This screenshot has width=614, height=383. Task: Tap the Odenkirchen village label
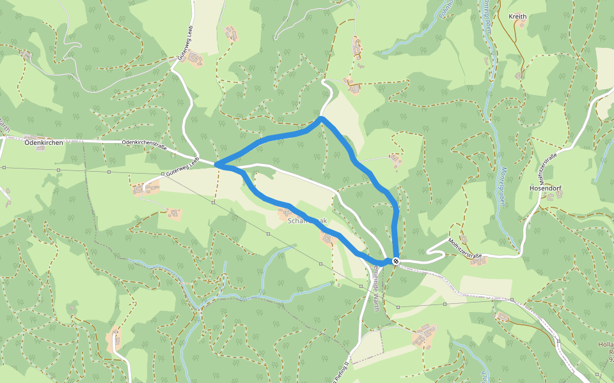[x=43, y=142]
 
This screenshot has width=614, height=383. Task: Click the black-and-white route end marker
[x=397, y=260]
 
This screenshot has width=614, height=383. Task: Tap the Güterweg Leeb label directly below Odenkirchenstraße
[x=181, y=167]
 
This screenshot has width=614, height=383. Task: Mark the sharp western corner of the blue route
[x=217, y=165]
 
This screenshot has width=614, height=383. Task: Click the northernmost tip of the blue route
[x=320, y=118]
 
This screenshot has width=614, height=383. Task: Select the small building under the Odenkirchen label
[x=40, y=148]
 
